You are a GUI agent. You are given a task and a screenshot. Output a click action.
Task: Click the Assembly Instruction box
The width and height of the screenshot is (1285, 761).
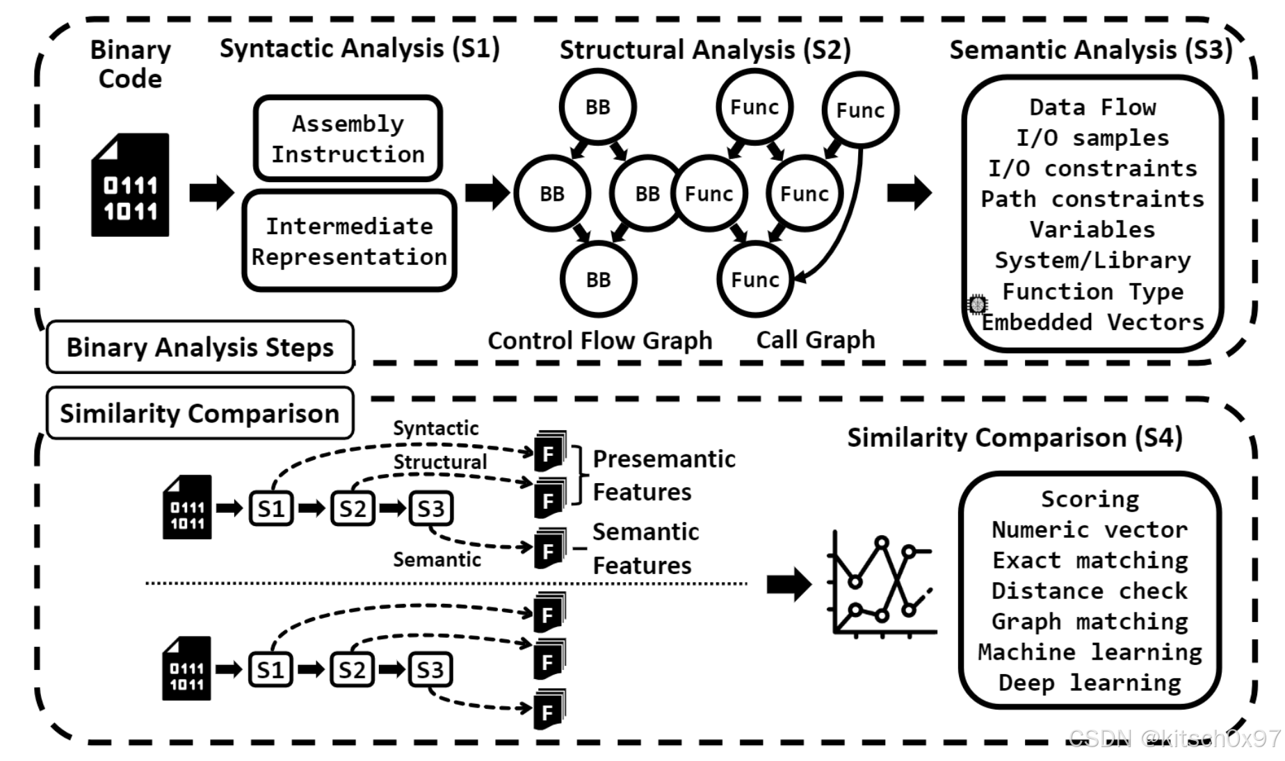pyautogui.click(x=348, y=139)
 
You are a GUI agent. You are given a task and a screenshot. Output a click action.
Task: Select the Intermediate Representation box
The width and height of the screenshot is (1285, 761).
pyautogui.click(x=349, y=241)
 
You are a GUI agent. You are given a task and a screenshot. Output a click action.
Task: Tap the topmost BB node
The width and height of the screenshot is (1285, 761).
pyautogui.click(x=597, y=107)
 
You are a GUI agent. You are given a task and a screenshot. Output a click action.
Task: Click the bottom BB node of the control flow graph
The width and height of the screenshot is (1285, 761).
pyautogui.click(x=598, y=279)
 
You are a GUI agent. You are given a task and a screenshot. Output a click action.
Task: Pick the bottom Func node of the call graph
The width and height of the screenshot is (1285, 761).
pyautogui.click(x=754, y=279)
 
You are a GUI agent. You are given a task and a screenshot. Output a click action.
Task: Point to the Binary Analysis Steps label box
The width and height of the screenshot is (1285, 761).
pyautogui.click(x=200, y=347)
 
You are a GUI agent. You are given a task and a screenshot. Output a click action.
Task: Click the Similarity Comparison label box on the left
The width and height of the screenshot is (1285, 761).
pyautogui.click(x=200, y=414)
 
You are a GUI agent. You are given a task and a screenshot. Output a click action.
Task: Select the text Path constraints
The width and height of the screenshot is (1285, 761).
pyautogui.click(x=1092, y=199)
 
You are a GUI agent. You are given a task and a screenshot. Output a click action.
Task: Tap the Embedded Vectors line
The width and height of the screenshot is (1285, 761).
pyautogui.click(x=1092, y=322)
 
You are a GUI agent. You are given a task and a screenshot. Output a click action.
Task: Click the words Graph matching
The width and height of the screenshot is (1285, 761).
pyautogui.click(x=1090, y=621)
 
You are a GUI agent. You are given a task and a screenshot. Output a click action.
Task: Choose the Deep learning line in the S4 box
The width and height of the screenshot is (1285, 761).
pyautogui.click(x=1090, y=682)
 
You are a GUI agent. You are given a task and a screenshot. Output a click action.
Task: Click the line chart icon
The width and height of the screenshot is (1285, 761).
pyautogui.click(x=882, y=584)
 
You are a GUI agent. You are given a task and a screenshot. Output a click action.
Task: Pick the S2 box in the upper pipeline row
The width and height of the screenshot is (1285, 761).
pyautogui.click(x=352, y=509)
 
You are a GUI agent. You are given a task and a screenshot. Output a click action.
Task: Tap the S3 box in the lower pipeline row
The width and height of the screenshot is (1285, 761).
pyautogui.click(x=430, y=669)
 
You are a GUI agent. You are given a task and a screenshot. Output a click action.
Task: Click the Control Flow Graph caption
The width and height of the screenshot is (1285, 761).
pyautogui.click(x=599, y=341)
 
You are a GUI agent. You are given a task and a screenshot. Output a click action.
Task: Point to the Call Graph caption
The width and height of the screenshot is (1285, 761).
pyautogui.click(x=815, y=340)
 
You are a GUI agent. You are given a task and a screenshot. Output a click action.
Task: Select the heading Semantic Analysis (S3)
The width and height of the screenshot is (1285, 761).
pyautogui.click(x=1090, y=49)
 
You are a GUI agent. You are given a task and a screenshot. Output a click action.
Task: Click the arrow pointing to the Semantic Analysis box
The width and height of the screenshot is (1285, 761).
pyautogui.click(x=909, y=193)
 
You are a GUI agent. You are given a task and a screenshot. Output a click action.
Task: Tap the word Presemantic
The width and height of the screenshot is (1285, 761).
pyautogui.click(x=663, y=459)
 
